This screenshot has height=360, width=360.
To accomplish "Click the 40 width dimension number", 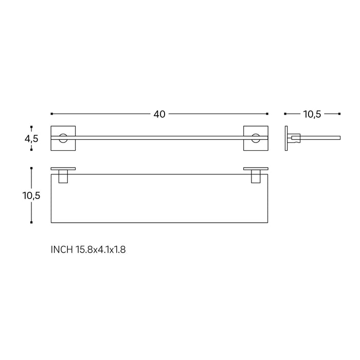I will coord(159,114).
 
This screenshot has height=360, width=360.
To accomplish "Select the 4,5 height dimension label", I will coord(32,138).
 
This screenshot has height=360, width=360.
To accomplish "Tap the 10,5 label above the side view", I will coord(312,114).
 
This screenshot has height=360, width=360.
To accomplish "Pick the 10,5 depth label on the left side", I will coord(32,195).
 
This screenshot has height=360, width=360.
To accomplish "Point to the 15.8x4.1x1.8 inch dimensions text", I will coord(101,250).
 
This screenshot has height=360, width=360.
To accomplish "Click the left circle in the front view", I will coord(63,138).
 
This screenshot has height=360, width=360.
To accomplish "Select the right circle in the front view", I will coord(256,138).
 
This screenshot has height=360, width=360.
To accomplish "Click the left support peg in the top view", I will coord(63,177).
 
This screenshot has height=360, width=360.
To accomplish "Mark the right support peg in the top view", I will coord(255,177).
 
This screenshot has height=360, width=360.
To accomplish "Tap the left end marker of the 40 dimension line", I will coord(51,114).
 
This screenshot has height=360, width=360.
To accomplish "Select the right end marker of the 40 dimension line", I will coord(267,114).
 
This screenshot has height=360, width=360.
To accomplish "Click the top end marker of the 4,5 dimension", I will coord(32,126).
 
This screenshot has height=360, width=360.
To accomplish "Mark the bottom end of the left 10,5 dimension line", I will coord(32,222).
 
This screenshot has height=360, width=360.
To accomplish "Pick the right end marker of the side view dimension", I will coord(340,114).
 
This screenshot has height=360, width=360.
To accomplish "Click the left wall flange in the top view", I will coord(63,168).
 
